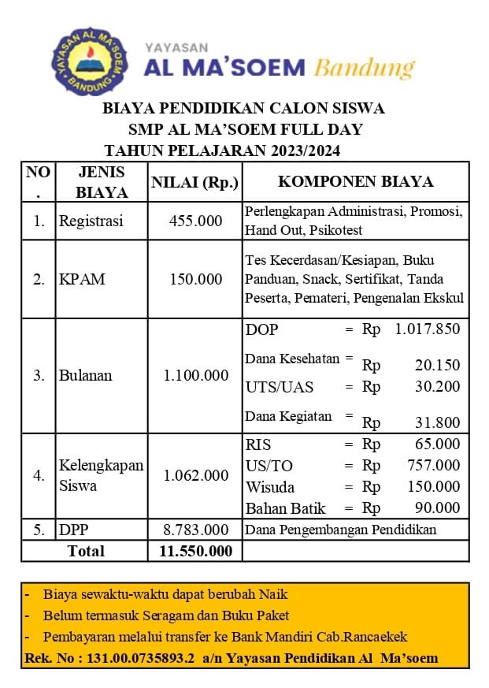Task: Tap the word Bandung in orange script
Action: coord(364,68)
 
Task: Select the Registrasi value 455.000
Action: coord(196,221)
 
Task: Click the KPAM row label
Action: coord(82,279)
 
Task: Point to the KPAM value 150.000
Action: coord(196,279)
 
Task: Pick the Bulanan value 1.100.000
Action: coord(196,376)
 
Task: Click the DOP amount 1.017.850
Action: coord(427,329)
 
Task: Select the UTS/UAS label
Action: coord(279,387)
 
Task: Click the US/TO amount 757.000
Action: coord(434,466)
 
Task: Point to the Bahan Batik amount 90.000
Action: coord(438,508)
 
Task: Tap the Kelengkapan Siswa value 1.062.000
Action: coord(196,476)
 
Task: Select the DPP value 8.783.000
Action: coord(196,530)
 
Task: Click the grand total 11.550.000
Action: coord(196,551)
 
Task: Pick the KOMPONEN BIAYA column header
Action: coord(355,182)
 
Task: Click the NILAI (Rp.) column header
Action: coord(194,183)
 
